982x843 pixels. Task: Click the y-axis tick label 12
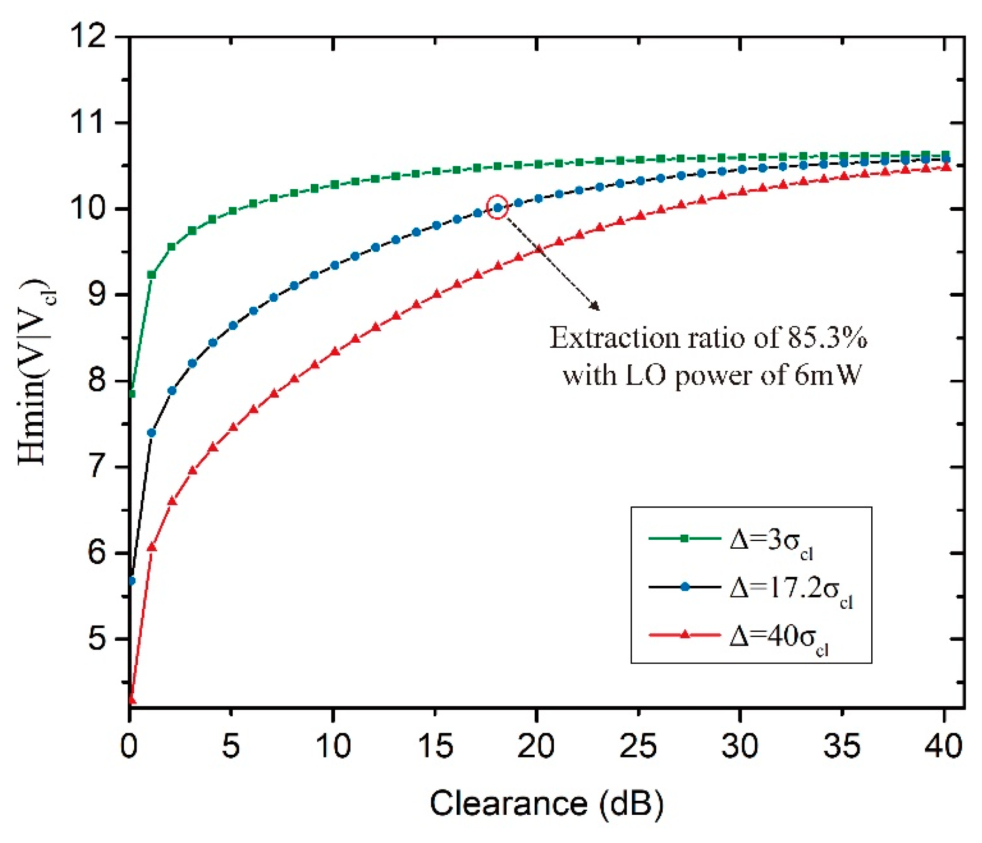click(88, 36)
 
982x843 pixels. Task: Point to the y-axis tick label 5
click(97, 639)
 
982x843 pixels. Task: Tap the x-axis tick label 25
click(638, 746)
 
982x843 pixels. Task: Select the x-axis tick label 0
click(129, 746)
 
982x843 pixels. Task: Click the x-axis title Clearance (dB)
click(546, 804)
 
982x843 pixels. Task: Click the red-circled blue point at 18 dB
click(497, 207)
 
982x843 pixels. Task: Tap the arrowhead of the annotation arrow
click(596, 307)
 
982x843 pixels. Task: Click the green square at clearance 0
click(132, 394)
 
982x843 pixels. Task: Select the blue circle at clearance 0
click(132, 581)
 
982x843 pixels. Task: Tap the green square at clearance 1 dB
click(152, 275)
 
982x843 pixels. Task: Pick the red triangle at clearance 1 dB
click(152, 547)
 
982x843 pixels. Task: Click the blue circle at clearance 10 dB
click(335, 265)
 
